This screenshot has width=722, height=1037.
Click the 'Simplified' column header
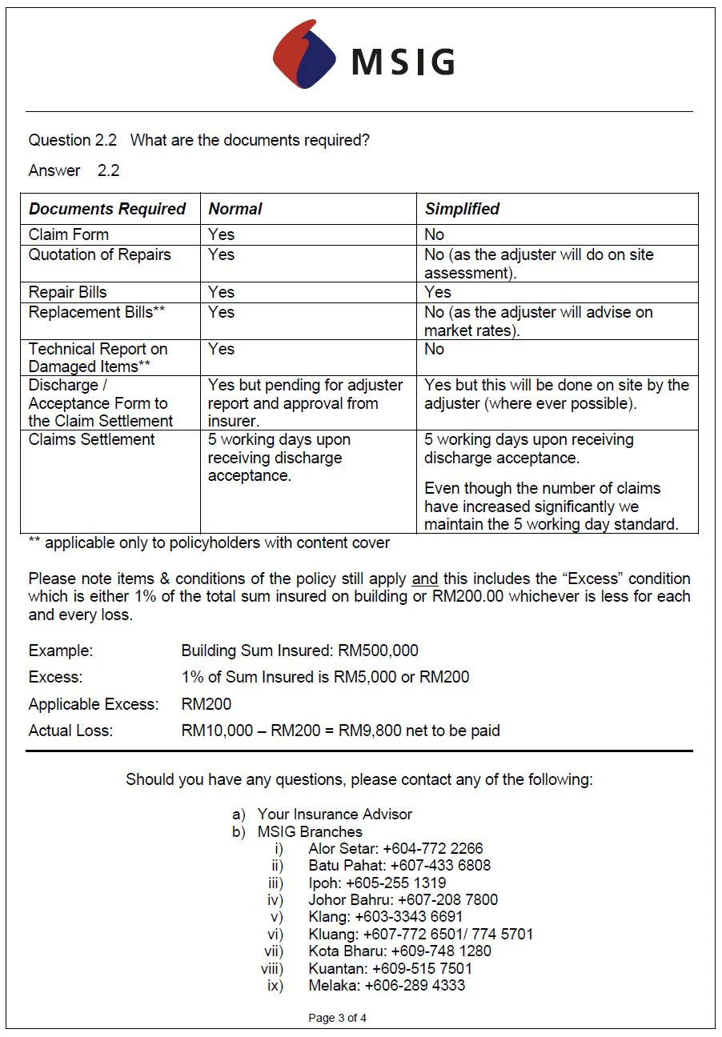[462, 209]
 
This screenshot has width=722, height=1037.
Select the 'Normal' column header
[235, 209]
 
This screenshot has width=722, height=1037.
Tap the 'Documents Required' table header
[107, 209]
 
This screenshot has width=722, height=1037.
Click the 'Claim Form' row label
[69, 234]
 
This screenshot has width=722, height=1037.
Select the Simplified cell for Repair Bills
[438, 292]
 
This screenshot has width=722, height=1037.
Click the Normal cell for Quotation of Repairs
[221, 254]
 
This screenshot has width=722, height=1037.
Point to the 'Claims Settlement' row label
[92, 439]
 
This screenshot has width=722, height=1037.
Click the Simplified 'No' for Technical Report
[434, 349]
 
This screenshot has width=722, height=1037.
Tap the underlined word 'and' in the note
[424, 579]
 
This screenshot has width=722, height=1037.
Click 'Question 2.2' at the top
[72, 140]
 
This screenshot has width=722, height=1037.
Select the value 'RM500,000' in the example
[378, 650]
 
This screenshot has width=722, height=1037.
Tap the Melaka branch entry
[386, 985]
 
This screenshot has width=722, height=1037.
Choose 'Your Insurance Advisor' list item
[335, 814]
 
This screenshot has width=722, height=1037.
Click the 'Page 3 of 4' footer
[337, 1018]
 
